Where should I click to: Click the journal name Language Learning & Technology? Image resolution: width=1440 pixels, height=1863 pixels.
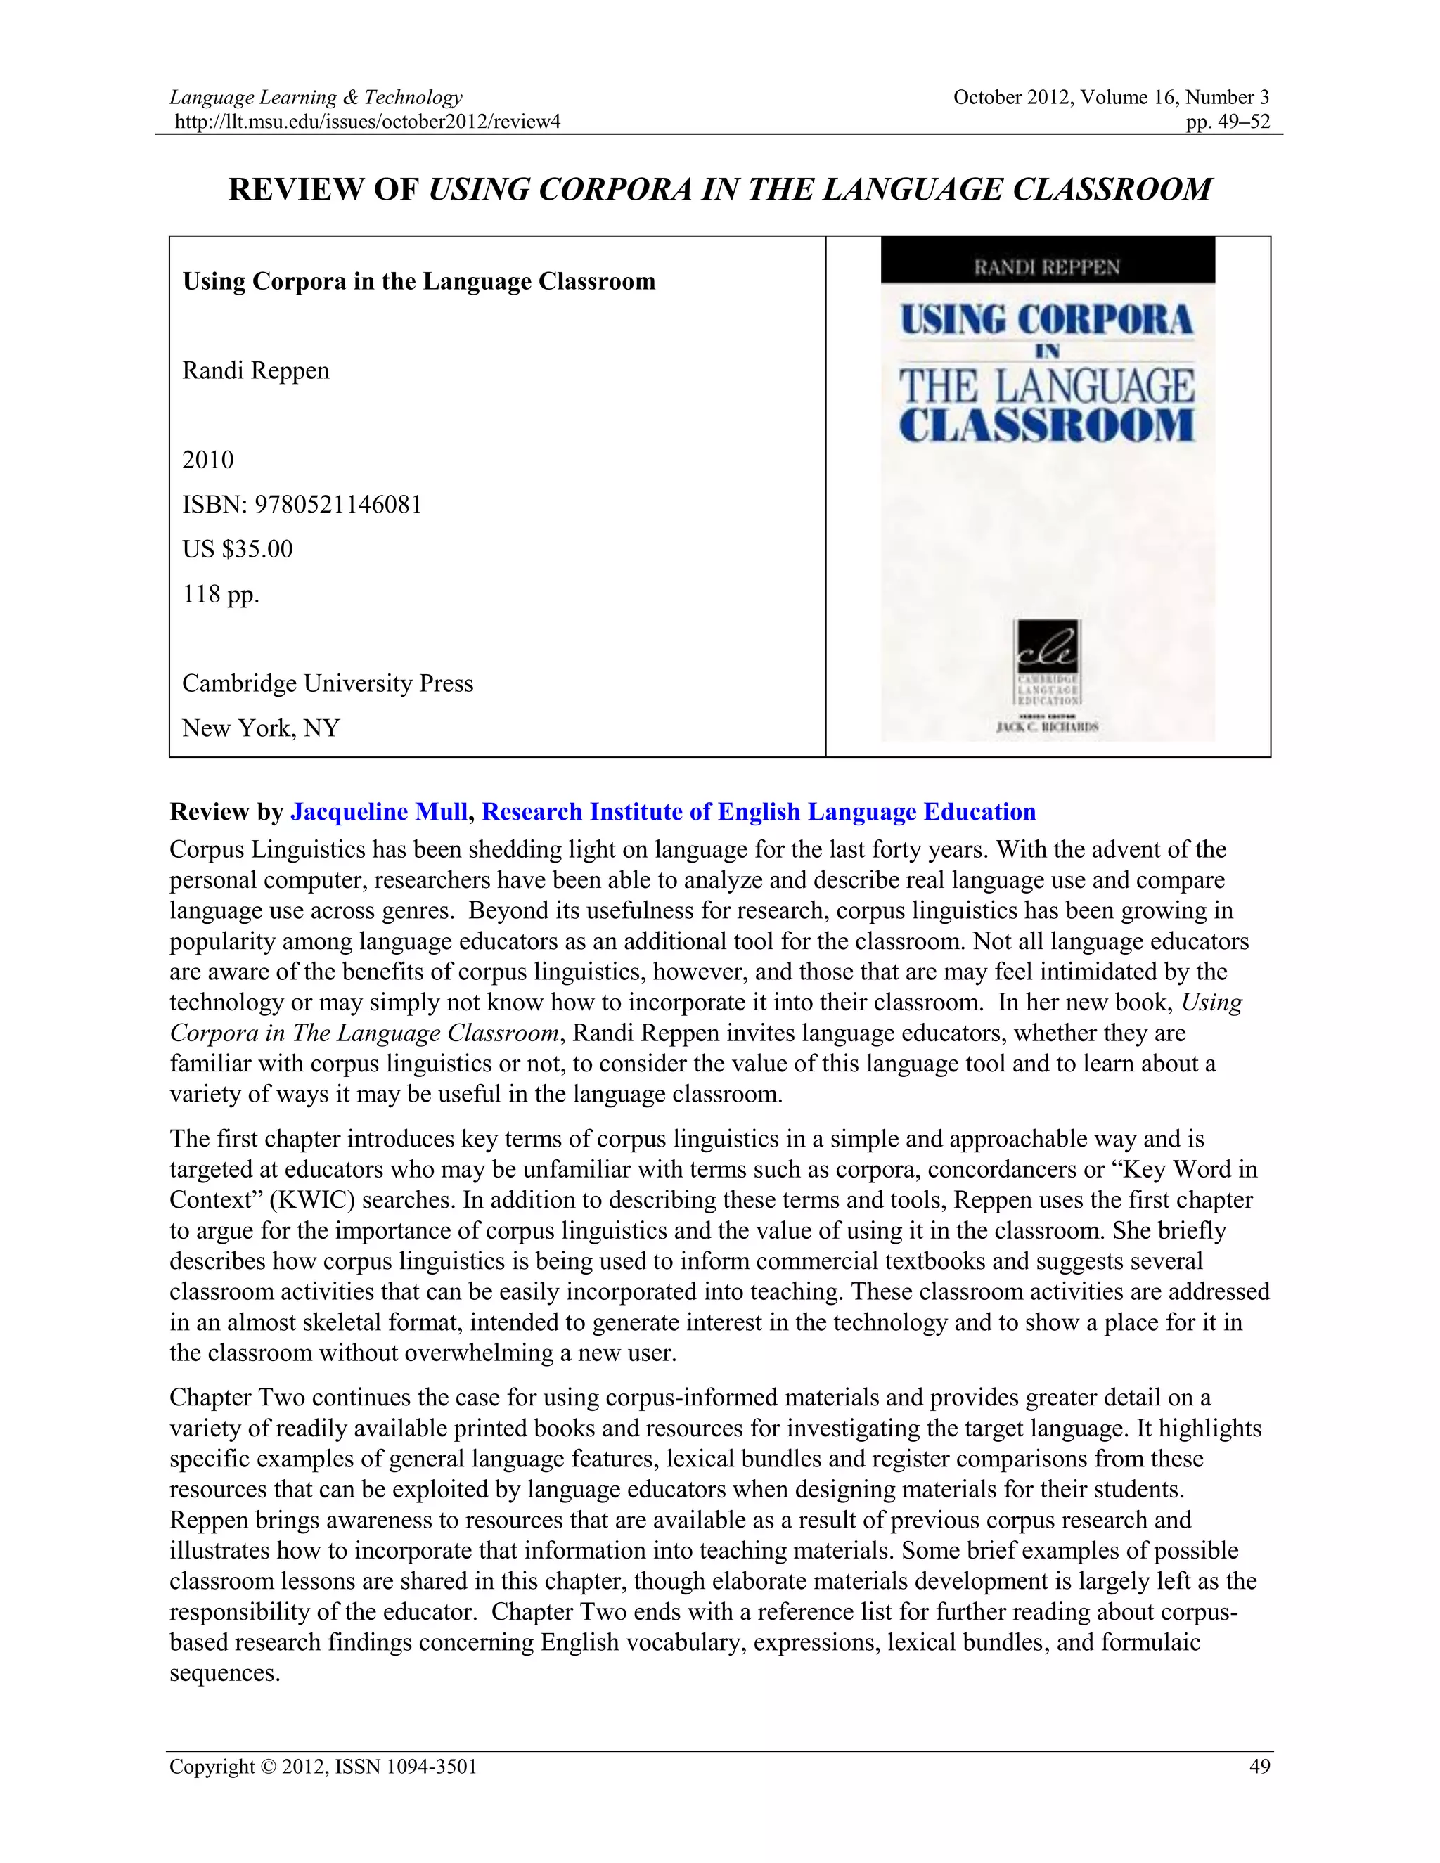(316, 97)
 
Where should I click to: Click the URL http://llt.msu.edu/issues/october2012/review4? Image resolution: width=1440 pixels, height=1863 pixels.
(367, 122)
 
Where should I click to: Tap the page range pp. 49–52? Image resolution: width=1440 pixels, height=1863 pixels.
(1228, 122)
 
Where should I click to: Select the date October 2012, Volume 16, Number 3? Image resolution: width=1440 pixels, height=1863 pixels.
(1111, 97)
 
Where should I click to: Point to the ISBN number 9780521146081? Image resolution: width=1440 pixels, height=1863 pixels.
(337, 504)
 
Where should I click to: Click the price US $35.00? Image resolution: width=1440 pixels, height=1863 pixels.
(237, 548)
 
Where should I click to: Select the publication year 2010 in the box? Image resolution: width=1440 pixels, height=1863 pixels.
(207, 460)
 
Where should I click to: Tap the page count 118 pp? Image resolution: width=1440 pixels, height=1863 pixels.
(220, 594)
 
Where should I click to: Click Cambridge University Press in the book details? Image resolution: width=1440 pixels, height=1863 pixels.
(328, 683)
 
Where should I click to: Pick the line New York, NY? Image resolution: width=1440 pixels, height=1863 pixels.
(261, 728)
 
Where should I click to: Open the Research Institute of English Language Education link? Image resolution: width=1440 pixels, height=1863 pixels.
(759, 811)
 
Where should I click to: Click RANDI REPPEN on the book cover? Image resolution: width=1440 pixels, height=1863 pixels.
(1047, 268)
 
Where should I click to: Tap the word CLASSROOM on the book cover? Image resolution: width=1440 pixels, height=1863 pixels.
(1047, 425)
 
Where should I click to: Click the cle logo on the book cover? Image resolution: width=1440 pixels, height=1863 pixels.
(1047, 646)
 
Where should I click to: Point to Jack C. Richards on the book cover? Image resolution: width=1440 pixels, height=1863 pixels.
(1047, 727)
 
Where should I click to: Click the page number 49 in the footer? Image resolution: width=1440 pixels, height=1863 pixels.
(1259, 1767)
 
